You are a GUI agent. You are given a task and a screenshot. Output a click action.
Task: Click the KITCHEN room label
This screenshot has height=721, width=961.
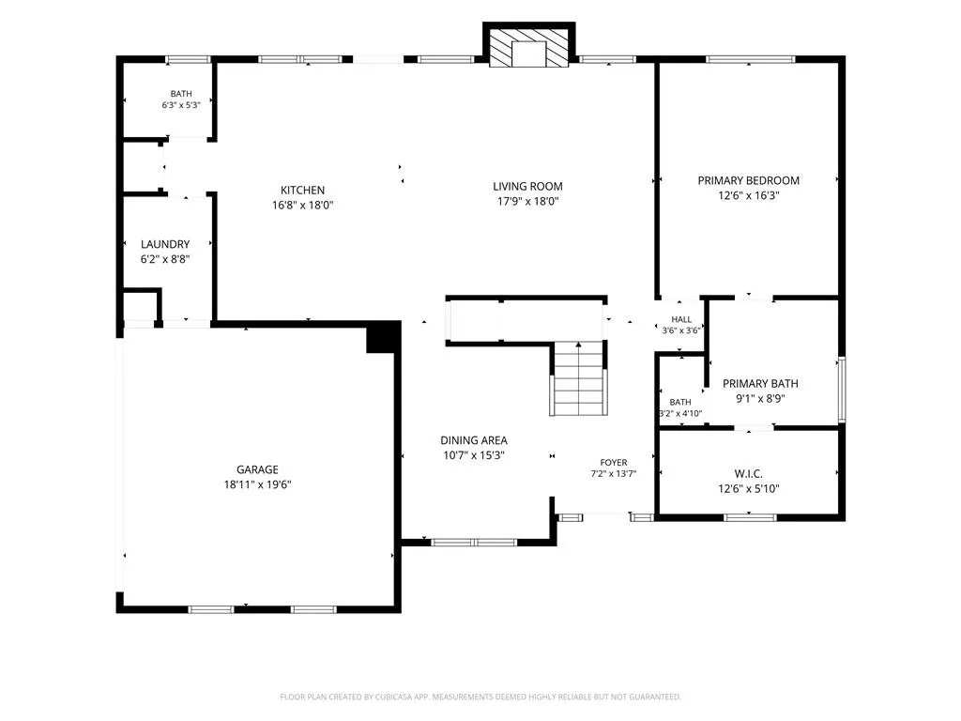[303, 190]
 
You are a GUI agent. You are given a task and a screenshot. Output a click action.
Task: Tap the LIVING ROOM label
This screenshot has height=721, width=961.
[527, 187]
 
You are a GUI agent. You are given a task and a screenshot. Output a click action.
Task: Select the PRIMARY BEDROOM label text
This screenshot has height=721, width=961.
[748, 181]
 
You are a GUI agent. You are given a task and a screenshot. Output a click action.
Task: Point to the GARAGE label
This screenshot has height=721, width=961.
[257, 469]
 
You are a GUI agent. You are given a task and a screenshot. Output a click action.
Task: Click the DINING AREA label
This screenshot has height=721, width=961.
[474, 440]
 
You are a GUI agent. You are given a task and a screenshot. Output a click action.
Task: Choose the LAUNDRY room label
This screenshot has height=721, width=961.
[165, 244]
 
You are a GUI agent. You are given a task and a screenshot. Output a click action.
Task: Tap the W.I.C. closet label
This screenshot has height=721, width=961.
[748, 474]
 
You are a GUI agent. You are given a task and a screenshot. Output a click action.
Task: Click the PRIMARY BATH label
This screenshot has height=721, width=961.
[760, 384]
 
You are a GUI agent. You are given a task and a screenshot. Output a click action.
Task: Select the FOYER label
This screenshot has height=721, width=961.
[614, 463]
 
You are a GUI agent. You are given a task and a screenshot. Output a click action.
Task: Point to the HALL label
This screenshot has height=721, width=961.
[681, 319]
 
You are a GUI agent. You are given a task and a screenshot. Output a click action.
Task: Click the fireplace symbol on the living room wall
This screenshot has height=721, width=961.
[529, 45]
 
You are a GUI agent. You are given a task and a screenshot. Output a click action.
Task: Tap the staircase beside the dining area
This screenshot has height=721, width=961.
[578, 379]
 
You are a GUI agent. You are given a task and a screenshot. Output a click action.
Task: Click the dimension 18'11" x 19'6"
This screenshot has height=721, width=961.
[257, 485]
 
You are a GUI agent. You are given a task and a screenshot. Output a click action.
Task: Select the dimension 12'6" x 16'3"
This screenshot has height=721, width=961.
[748, 196]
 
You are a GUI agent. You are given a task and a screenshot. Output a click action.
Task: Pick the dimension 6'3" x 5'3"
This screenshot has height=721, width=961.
[181, 105]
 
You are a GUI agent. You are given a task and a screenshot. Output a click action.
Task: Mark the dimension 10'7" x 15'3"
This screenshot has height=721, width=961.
[474, 455]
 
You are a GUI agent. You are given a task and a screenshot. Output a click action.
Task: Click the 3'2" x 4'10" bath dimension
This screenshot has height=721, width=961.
[680, 413]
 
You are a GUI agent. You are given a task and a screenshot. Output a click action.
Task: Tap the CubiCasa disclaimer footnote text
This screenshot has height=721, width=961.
[480, 697]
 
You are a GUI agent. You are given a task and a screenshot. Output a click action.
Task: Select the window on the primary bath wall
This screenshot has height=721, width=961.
[842, 390]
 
